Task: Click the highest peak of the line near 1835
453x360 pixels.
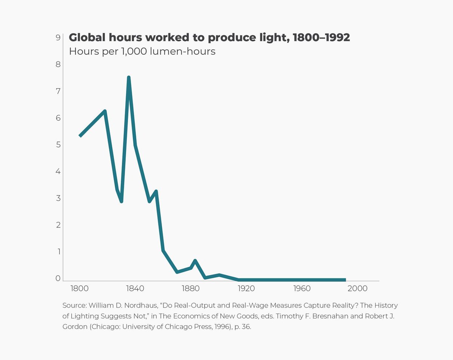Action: coord(129,78)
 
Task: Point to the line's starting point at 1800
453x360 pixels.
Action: coord(80,135)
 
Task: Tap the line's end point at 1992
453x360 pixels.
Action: coord(345,280)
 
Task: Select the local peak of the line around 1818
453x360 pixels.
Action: coord(105,111)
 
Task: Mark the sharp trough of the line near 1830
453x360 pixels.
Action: coord(121,201)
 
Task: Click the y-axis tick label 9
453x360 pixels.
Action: coord(58,37)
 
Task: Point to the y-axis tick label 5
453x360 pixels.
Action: coord(58,145)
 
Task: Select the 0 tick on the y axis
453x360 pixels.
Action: coord(58,278)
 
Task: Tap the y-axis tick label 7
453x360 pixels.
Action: coord(58,91)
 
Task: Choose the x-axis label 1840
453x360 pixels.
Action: coord(135,289)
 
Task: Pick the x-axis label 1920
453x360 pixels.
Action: coord(246,289)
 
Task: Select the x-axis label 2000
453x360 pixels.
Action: coord(357,289)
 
